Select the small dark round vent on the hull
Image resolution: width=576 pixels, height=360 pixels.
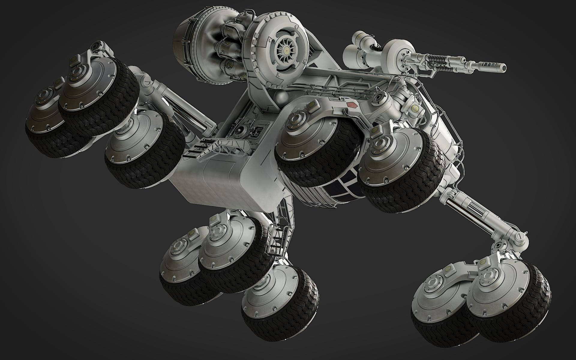click(x=240, y=131)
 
